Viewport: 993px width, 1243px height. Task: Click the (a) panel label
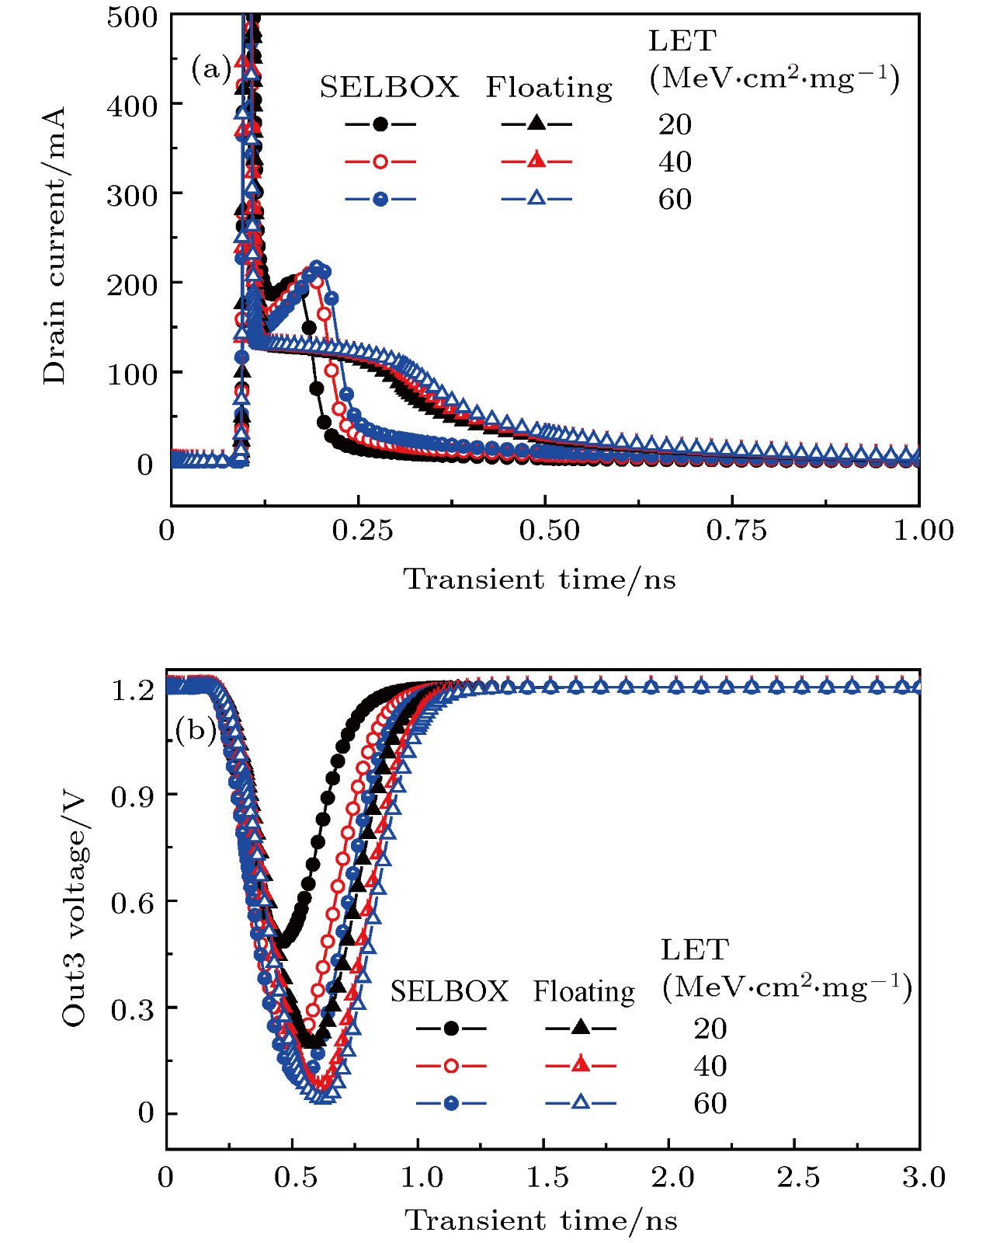[x=210, y=70]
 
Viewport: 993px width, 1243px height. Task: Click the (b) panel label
[x=195, y=730]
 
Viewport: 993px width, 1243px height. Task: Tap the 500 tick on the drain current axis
[x=132, y=17]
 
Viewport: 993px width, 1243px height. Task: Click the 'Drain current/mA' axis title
[x=54, y=245]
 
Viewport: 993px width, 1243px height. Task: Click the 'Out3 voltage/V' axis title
[x=74, y=909]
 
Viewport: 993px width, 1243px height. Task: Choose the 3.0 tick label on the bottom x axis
[x=923, y=1178]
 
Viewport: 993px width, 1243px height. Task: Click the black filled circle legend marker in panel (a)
[x=380, y=124]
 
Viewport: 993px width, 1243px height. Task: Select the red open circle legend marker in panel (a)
[x=380, y=162]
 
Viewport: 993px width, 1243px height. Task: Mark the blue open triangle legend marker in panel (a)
[x=536, y=199]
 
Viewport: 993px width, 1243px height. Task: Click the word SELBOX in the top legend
[x=389, y=88]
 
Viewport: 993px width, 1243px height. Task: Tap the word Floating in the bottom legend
[x=583, y=992]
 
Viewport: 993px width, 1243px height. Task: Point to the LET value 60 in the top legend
[x=675, y=200]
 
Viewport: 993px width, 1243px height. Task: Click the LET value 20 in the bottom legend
[x=710, y=1029]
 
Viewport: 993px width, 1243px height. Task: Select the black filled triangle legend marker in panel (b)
[x=580, y=1028]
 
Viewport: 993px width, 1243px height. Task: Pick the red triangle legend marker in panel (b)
[x=580, y=1065]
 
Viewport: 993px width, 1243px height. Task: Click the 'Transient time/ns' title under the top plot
[x=540, y=580]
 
